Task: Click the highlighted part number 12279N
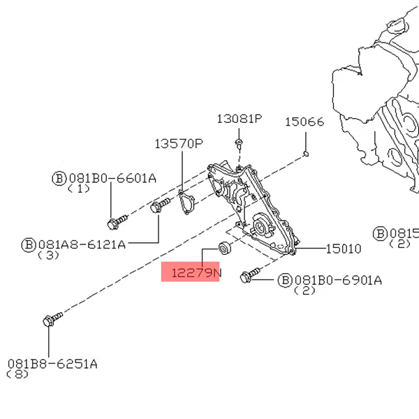tap(191, 272)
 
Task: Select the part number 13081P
tap(238, 119)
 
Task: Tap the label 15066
tap(304, 122)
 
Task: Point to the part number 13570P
tap(178, 144)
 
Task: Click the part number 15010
tap(344, 248)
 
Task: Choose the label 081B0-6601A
tap(111, 177)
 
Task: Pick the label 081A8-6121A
tap(82, 244)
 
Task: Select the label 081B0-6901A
tap(338, 280)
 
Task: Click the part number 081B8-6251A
tap(52, 364)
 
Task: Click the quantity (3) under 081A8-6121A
tap(48, 255)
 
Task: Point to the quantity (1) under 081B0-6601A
tap(78, 188)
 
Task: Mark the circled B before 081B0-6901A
tap(284, 280)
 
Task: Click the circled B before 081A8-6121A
tap(29, 244)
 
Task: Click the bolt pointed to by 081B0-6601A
tap(116, 222)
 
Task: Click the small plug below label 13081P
tap(239, 144)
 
